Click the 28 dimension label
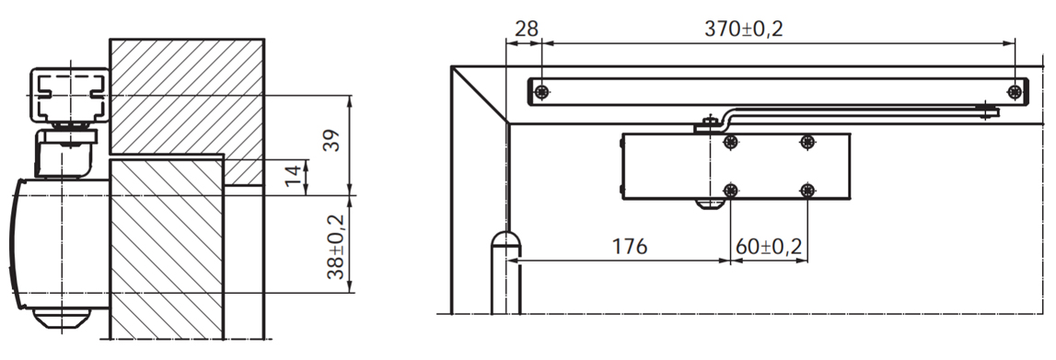tap(526, 29)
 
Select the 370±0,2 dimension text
tap(744, 29)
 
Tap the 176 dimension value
tap(629, 246)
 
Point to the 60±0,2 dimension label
tap(769, 246)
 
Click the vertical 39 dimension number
tap(331, 139)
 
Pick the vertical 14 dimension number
tap(292, 176)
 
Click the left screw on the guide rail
tap(541, 91)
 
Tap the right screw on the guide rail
tap(1015, 91)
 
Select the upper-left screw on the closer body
tap(731, 142)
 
